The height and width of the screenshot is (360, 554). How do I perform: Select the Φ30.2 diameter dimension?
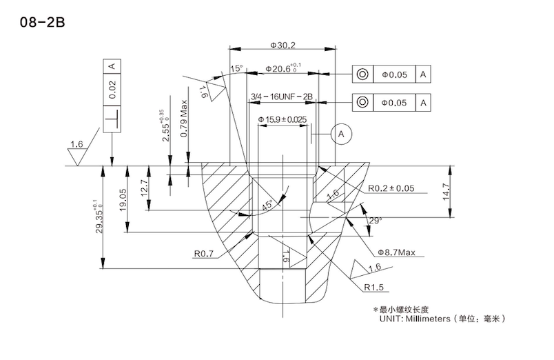[283, 46]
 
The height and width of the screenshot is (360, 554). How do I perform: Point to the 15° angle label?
[236, 69]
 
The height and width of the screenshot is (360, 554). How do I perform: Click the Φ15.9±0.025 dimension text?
[283, 120]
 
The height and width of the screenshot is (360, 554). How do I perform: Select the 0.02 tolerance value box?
[112, 87]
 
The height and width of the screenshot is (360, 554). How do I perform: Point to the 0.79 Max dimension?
[184, 119]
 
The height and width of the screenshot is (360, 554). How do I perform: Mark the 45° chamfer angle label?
[267, 205]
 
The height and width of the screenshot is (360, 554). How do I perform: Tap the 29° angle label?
[375, 220]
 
